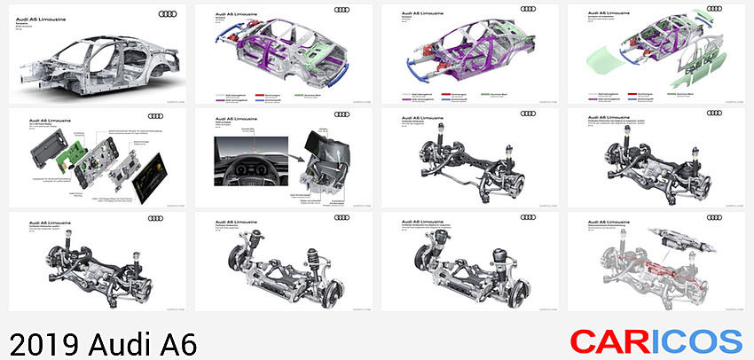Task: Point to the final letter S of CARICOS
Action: click(729, 342)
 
